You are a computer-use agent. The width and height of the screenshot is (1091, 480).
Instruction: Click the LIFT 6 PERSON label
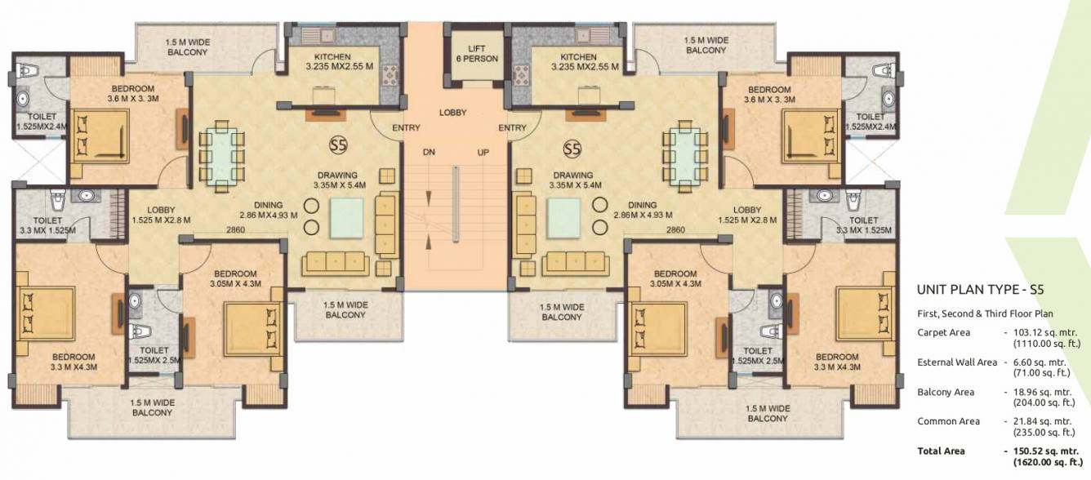[476, 54]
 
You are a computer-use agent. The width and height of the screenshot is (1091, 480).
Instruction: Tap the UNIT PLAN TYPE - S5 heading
[980, 289]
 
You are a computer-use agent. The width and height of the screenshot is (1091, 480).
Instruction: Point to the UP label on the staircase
[483, 153]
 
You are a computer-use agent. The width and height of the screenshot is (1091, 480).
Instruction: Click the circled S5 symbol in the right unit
[572, 149]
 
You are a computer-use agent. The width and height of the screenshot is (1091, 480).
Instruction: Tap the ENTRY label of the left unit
[406, 128]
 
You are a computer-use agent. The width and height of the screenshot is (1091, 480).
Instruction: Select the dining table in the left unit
[221, 156]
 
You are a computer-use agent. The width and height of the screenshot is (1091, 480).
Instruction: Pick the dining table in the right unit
[691, 156]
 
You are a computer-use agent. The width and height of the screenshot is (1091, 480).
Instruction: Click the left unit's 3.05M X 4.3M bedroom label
[235, 278]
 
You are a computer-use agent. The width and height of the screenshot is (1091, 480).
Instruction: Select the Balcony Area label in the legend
[946, 392]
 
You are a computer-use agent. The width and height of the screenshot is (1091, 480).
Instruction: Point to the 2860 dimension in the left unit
[235, 230]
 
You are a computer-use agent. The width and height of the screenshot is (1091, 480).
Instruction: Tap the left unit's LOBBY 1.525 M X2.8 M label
[161, 215]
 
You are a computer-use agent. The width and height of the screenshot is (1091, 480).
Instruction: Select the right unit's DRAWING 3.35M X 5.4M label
[572, 180]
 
